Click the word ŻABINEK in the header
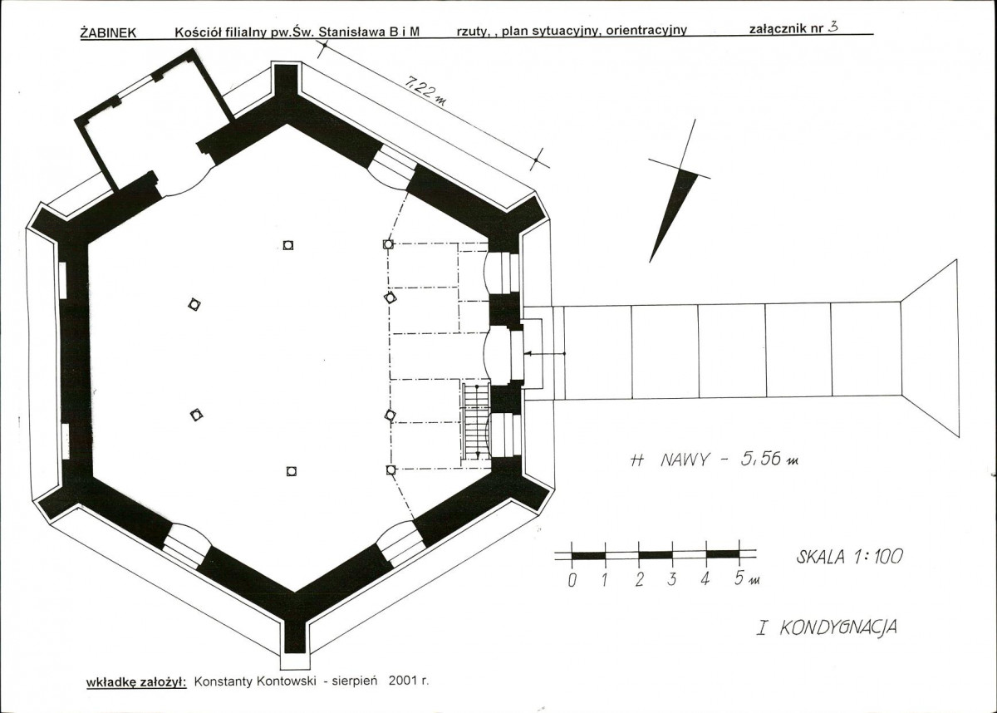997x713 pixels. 108,33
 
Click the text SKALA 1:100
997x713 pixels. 849,556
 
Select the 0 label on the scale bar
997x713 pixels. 572,580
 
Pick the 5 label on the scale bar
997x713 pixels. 739,578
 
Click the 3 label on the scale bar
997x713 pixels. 672,579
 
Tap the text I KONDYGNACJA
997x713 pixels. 827,628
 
